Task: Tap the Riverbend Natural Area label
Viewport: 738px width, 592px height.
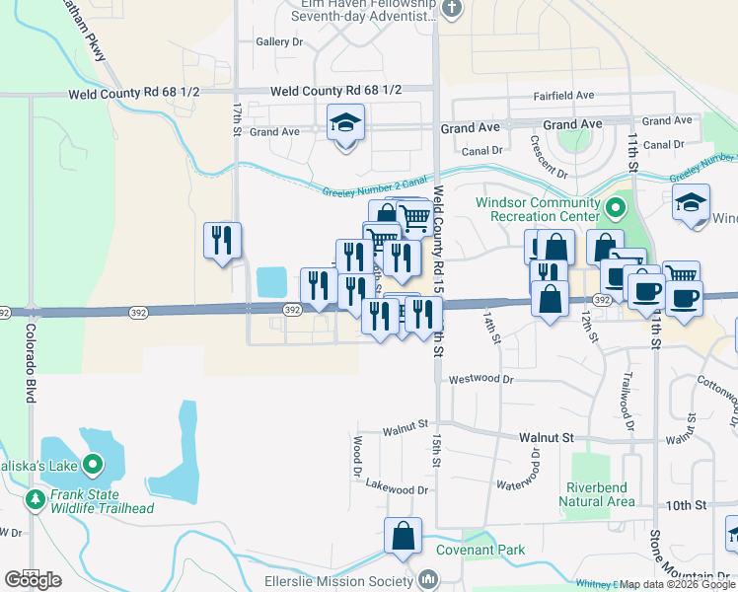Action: coord(598,494)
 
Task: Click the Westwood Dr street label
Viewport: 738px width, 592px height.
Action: coord(481,378)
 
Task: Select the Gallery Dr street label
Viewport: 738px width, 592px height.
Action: coord(279,42)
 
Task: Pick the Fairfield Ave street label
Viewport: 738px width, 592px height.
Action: coord(563,96)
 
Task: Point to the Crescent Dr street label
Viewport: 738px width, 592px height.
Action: coord(547,157)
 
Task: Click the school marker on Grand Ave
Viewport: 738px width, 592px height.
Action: coord(344,124)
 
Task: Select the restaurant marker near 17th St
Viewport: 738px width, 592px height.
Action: coord(222,241)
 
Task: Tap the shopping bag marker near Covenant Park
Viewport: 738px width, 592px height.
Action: coord(403,537)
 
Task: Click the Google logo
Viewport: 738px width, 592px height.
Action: coord(33,580)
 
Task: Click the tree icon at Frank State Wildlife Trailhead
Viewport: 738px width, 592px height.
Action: coord(36,501)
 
